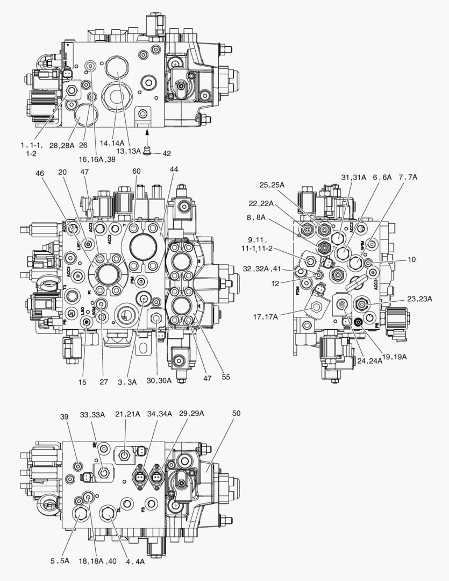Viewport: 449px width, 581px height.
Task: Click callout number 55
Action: pos(225,377)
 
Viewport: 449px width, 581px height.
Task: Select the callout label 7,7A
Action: pos(408,177)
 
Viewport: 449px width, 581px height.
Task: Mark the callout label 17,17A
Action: pos(266,316)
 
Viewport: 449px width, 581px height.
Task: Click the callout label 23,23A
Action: pos(419,299)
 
